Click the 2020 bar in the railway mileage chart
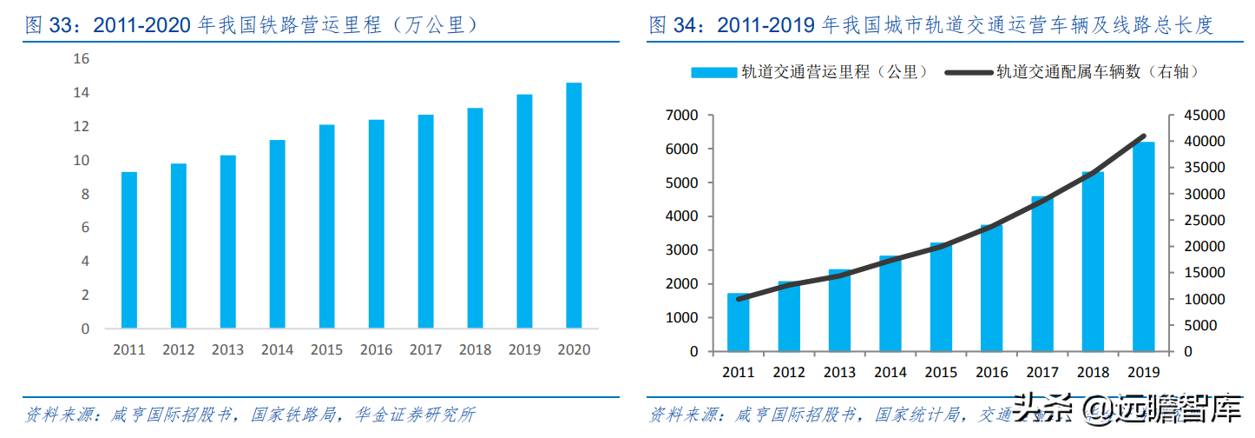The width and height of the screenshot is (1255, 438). [574, 206]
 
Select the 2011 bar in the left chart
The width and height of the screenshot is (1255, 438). [128, 250]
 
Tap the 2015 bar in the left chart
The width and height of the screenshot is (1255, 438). [326, 227]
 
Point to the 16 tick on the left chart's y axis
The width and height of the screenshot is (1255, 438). [82, 59]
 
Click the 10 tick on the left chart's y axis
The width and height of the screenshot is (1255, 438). [82, 161]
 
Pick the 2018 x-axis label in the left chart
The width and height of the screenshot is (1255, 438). [475, 349]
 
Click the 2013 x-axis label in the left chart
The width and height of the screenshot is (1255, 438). [227, 349]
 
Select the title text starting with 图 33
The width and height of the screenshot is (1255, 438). [253, 25]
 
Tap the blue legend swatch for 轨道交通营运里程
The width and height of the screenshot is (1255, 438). [713, 73]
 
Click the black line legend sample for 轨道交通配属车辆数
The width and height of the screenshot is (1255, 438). [969, 73]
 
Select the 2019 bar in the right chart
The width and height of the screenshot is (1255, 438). [1143, 247]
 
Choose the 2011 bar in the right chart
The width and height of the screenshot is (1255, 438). [739, 322]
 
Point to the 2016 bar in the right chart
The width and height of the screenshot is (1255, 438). [991, 289]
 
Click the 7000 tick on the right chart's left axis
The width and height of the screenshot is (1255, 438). [683, 116]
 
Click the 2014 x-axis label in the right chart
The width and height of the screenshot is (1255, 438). [890, 372]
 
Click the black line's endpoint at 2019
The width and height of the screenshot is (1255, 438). [1144, 136]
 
